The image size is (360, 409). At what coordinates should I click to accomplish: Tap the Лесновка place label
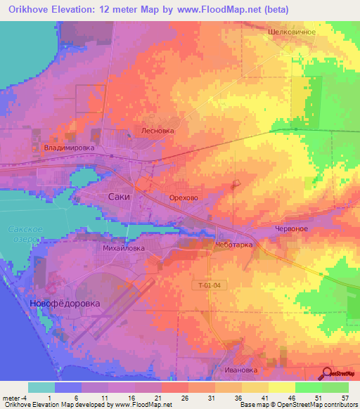[x=157, y=130]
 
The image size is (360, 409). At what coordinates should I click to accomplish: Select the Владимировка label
[x=68, y=148]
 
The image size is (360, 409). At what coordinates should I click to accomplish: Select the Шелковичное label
[x=291, y=32]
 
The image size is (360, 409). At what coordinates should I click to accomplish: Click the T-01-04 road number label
[x=210, y=285]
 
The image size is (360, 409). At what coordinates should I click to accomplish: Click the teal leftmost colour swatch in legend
[x=41, y=387]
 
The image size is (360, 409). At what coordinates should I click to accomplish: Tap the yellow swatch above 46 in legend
[x=281, y=387]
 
